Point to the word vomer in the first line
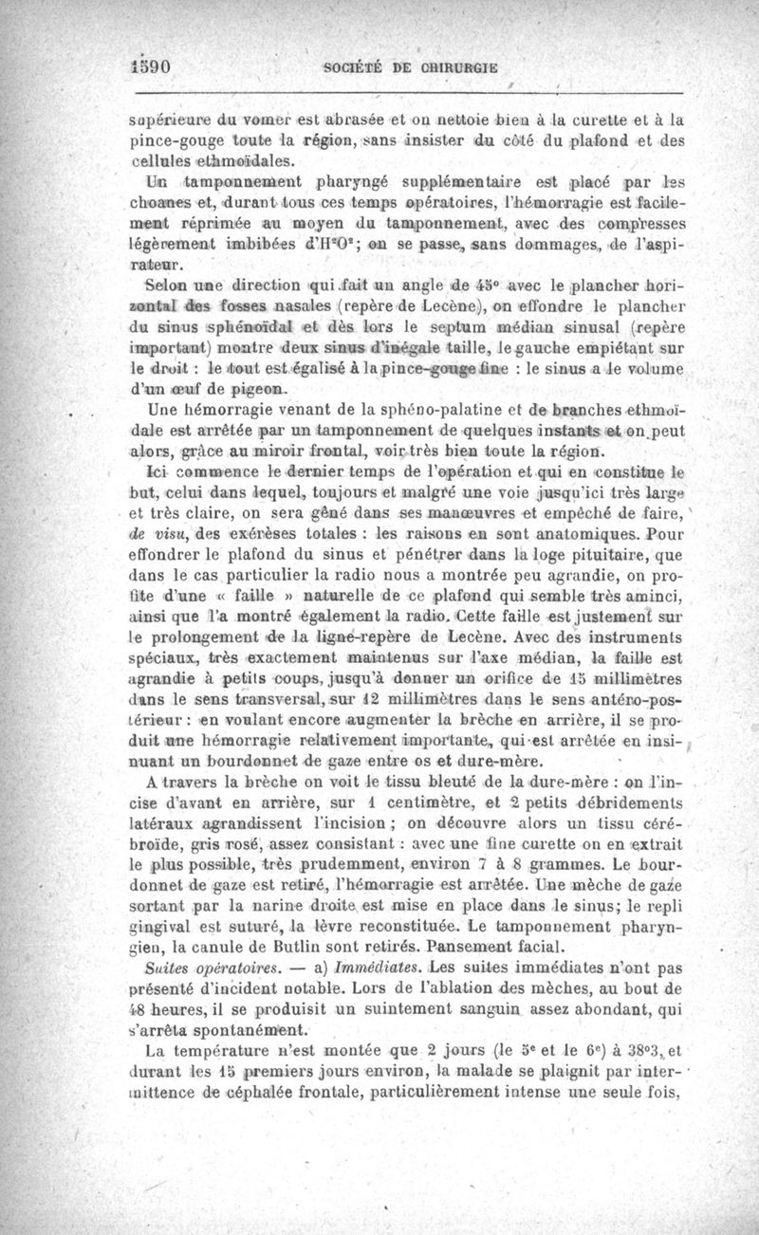pyautogui.click(x=256, y=120)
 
